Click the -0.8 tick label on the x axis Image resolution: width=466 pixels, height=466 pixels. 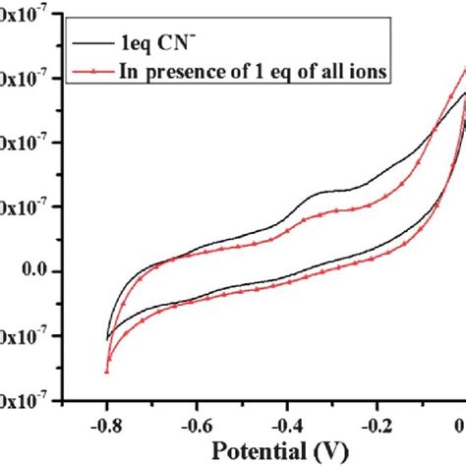pos(106,425)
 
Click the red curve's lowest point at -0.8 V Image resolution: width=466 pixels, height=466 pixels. pos(106,373)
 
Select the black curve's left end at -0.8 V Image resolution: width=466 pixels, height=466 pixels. pos(106,339)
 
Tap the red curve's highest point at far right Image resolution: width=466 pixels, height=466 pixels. pos(463,71)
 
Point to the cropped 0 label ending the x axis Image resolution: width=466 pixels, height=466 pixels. pos(460,425)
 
